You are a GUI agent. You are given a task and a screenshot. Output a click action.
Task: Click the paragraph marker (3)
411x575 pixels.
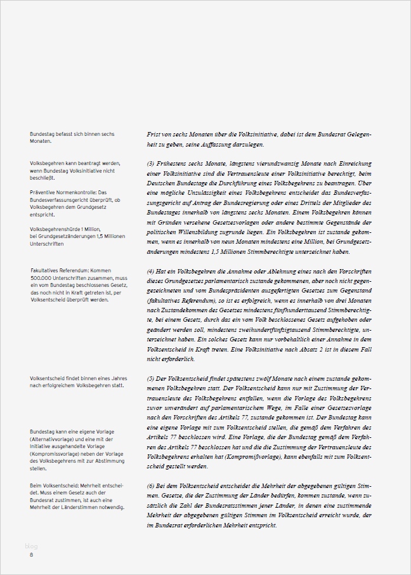(x=150, y=163)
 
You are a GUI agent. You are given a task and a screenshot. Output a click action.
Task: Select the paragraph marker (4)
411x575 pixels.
(x=150, y=270)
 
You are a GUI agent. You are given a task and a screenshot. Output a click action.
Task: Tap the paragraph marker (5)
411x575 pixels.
(x=150, y=378)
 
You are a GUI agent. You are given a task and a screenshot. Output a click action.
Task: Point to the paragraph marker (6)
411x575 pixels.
(x=150, y=486)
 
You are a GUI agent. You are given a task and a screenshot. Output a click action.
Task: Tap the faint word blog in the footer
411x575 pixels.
(x=31, y=546)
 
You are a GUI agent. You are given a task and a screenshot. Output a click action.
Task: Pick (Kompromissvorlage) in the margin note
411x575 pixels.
(x=55, y=454)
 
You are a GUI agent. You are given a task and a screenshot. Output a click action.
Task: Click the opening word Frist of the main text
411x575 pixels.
(x=154, y=135)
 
